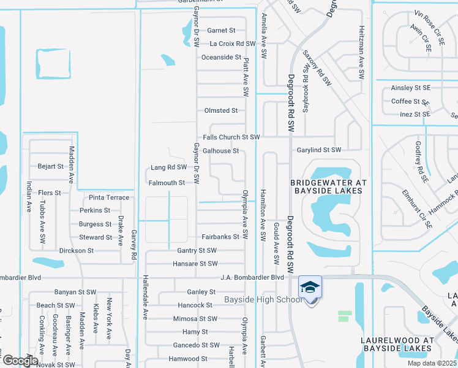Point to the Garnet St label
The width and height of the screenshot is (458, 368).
coord(221,30)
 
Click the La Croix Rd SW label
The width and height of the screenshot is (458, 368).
coord(232,44)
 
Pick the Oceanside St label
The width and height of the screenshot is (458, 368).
coord(222,57)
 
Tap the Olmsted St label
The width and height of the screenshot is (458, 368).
coord(221,110)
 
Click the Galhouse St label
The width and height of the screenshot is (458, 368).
coord(220,150)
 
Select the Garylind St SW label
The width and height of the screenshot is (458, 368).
coord(319,150)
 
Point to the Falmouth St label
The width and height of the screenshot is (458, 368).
coord(167,183)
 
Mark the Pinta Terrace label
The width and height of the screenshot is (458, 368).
coord(109,197)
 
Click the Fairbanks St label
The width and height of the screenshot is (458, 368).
coord(220,237)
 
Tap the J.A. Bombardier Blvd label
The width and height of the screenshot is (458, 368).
coord(253,277)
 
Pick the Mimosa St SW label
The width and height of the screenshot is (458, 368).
coord(195,318)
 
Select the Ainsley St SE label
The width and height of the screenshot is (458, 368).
coord(411,88)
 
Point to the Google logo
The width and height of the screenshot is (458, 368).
coord(20,360)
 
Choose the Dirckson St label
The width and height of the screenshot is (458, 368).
coord(77,251)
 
